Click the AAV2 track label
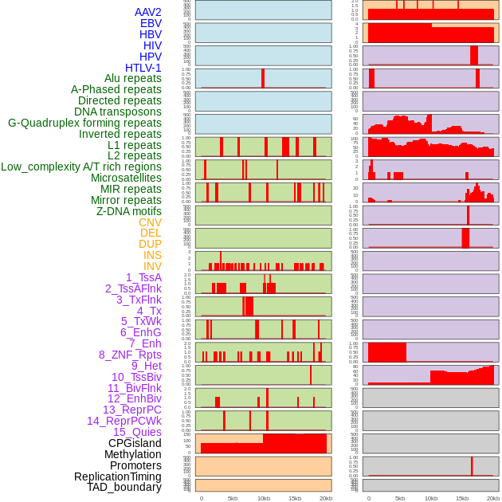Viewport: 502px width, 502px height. point(147,12)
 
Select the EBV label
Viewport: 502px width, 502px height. point(151,23)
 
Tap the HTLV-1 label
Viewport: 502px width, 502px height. point(143,68)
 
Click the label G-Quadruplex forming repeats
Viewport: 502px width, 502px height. point(84,123)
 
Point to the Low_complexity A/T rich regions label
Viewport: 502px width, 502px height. point(81,167)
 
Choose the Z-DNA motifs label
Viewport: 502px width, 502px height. point(129,211)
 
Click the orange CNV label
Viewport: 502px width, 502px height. point(150,222)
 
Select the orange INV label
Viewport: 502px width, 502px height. point(152,266)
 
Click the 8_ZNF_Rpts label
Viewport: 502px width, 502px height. point(130,355)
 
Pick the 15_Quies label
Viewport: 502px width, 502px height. point(137,432)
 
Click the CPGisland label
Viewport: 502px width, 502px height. point(135,443)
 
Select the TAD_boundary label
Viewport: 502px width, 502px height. point(124,487)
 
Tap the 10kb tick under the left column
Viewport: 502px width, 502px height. point(263,498)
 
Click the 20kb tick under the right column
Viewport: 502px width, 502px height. point(492,498)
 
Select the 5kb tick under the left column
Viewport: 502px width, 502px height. point(233,498)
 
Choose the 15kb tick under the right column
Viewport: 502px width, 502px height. point(461,498)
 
